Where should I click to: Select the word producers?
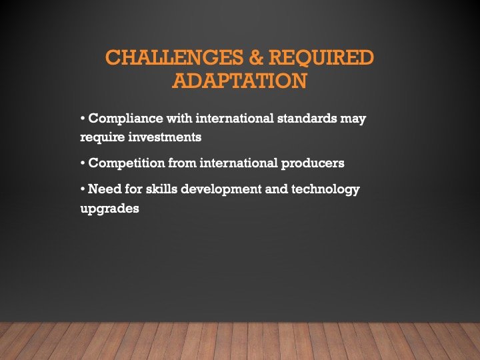tap(311, 163)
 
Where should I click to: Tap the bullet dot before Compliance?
tap(82, 119)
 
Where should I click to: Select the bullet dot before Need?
tap(82, 189)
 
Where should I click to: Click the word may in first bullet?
tap(353, 119)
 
